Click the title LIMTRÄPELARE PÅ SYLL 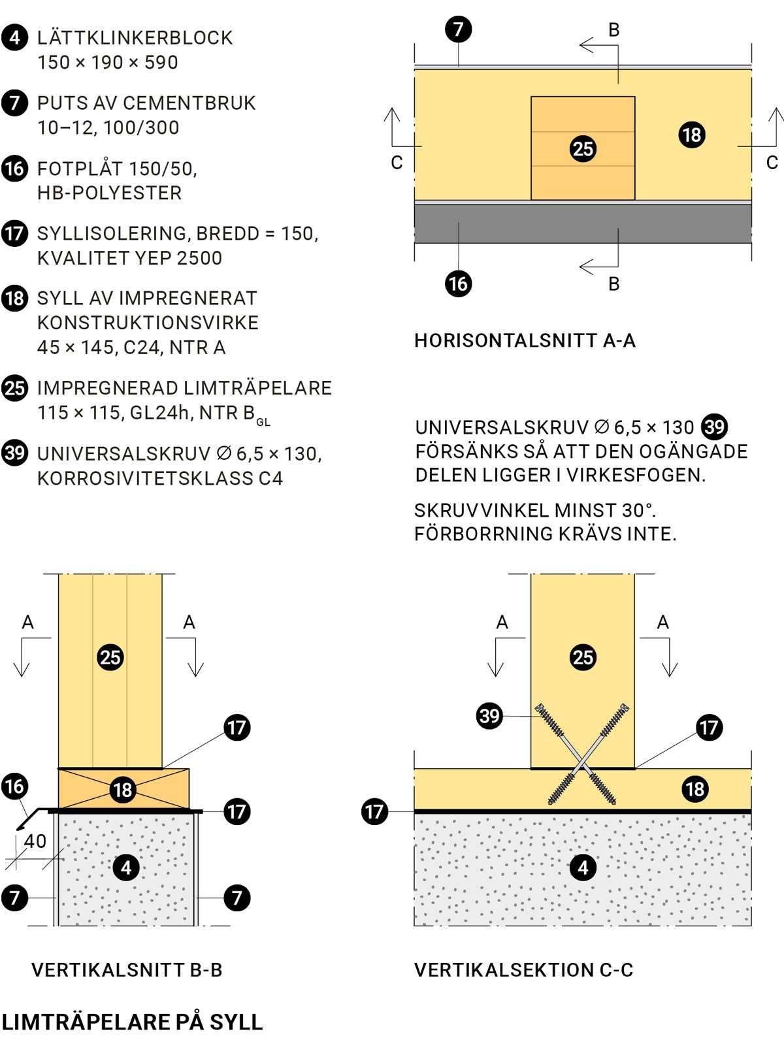click(x=132, y=1022)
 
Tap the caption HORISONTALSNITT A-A click(x=525, y=340)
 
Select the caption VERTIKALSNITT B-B click(x=127, y=970)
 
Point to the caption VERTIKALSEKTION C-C click(x=523, y=970)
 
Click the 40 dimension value click(x=35, y=841)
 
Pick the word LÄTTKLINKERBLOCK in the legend click(x=135, y=38)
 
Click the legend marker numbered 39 click(x=14, y=453)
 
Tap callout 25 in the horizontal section click(x=583, y=149)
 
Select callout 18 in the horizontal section click(x=692, y=135)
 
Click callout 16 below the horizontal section click(x=458, y=283)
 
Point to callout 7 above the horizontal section click(x=458, y=29)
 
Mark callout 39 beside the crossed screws click(x=489, y=715)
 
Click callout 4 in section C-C click(x=583, y=867)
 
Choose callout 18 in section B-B click(x=123, y=790)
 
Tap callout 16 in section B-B click(x=14, y=786)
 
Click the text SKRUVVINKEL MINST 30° click(x=534, y=510)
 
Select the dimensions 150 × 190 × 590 click(x=108, y=63)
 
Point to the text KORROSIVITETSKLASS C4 click(x=160, y=478)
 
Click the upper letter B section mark click(x=613, y=30)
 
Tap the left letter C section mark click(x=397, y=163)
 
